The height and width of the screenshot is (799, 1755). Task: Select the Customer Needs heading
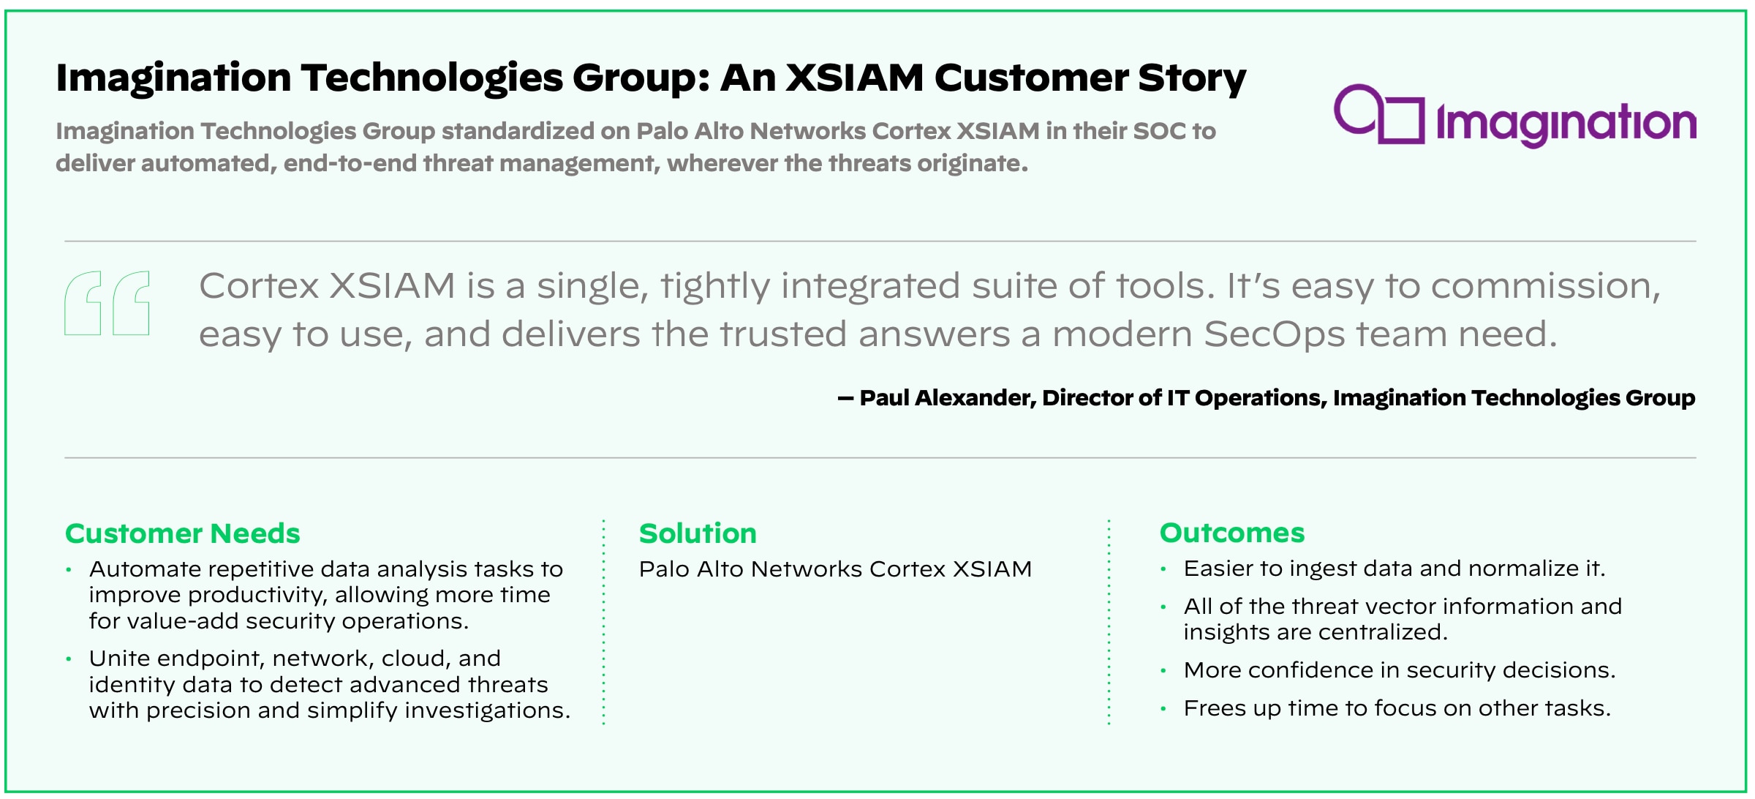point(183,533)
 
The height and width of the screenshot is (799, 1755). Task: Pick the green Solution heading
point(698,533)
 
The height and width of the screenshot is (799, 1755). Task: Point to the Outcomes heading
point(1232,533)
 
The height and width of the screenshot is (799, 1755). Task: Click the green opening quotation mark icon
point(107,303)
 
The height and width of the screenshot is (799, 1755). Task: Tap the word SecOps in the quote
point(1274,334)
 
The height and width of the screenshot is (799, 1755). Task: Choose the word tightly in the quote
point(715,286)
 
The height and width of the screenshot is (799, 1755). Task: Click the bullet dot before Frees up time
point(1163,708)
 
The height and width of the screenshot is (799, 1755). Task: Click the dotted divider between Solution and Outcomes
point(1109,622)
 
